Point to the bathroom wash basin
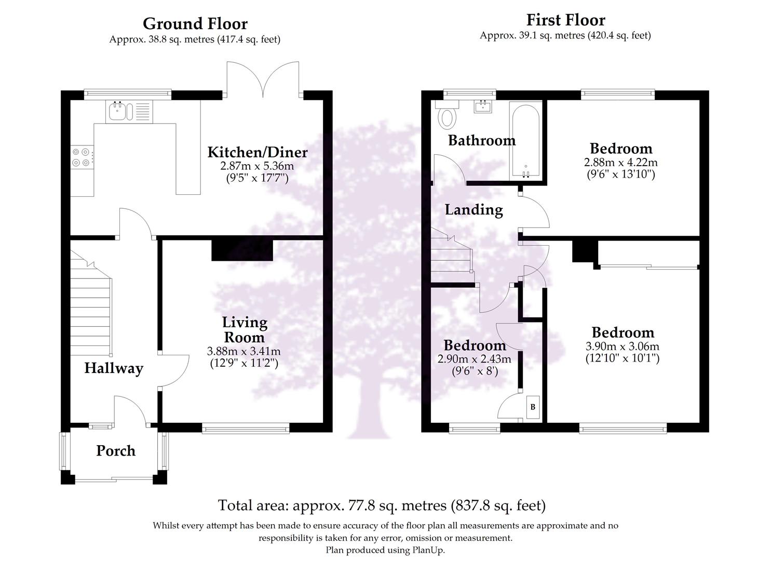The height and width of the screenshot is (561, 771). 483,106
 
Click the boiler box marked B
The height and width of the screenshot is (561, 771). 533,407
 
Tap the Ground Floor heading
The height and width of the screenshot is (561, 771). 195,24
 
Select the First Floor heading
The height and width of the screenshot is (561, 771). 565,20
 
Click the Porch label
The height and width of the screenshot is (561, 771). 116,451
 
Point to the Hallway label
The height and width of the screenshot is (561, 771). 114,368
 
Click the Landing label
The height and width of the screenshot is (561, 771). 474,210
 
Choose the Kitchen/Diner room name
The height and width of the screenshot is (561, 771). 258,153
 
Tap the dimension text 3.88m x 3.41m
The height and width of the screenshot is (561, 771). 244,352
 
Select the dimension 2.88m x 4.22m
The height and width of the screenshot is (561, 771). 620,163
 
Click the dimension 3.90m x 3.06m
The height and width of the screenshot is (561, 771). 623,346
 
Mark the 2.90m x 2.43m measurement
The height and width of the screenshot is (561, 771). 475,359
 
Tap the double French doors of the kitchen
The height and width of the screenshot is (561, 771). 263,81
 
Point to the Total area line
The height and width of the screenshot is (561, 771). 382,505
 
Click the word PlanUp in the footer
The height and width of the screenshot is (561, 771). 428,550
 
